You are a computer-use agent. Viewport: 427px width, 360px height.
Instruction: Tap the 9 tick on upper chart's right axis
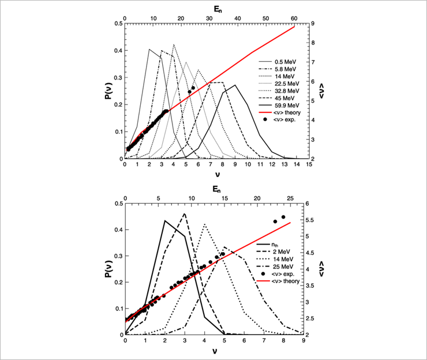[x=316, y=24]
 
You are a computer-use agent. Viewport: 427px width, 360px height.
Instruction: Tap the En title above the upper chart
[x=217, y=7]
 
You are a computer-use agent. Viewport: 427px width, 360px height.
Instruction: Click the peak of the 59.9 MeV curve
[x=235, y=85]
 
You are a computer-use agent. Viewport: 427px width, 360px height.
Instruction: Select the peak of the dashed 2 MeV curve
[x=185, y=214]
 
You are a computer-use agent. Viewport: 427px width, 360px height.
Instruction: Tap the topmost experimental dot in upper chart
[x=193, y=88]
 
